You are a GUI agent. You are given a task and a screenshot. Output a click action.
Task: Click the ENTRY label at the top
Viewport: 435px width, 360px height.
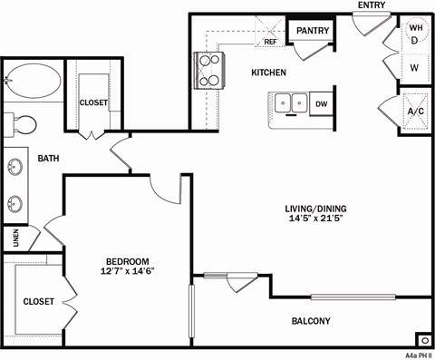click(372, 5)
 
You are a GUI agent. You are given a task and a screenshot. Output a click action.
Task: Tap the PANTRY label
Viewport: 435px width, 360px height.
click(313, 31)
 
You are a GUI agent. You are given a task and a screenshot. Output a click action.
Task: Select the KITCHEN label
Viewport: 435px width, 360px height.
click(268, 73)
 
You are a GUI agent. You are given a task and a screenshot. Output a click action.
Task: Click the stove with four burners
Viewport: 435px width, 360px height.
click(208, 69)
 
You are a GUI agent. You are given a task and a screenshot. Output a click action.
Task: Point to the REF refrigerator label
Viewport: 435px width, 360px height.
click(270, 42)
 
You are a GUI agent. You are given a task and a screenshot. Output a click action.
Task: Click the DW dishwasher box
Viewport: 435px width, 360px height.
click(321, 104)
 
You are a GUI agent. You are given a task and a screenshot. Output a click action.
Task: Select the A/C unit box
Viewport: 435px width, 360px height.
click(415, 112)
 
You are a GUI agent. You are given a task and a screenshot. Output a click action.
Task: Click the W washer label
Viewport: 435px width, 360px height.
click(414, 68)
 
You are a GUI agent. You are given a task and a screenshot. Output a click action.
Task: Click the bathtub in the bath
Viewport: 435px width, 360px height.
click(34, 83)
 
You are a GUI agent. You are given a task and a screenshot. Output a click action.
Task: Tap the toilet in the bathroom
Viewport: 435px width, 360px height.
click(22, 122)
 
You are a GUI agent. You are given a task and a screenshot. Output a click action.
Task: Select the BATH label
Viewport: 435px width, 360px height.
click(48, 159)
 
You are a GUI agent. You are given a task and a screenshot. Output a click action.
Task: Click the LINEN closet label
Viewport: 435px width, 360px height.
click(16, 238)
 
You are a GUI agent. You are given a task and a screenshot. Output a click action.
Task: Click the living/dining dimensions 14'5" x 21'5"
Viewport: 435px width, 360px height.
click(314, 219)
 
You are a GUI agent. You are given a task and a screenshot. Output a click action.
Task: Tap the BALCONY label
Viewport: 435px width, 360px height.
click(310, 321)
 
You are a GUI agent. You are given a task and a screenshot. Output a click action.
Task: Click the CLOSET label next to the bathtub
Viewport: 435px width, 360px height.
click(93, 103)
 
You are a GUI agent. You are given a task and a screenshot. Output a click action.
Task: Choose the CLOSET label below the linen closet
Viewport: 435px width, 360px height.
click(38, 301)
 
